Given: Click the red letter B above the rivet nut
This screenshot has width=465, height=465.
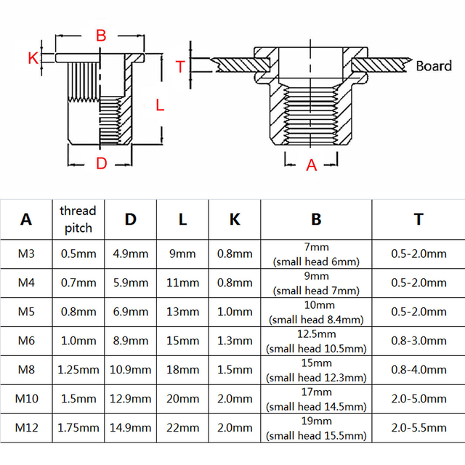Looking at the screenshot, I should [x=101, y=35].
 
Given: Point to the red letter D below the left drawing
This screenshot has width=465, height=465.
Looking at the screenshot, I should [x=101, y=163].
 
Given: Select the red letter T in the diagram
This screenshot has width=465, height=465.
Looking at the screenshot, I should [x=180, y=67].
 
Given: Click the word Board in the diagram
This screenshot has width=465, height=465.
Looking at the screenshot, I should [x=434, y=66].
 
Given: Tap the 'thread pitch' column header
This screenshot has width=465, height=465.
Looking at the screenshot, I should [x=78, y=219].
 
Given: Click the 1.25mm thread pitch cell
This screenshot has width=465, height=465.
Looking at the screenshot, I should [x=78, y=370].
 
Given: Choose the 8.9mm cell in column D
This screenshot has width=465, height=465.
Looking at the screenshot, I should [x=131, y=341].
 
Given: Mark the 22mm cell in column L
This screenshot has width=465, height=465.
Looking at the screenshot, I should [x=182, y=428].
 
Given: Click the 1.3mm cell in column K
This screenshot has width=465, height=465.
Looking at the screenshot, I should [x=235, y=341].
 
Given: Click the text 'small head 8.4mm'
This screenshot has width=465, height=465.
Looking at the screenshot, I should [x=316, y=319].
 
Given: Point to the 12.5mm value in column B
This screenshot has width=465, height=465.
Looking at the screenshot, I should [x=315, y=333].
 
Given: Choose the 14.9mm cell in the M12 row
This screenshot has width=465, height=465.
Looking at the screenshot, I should [x=131, y=428].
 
